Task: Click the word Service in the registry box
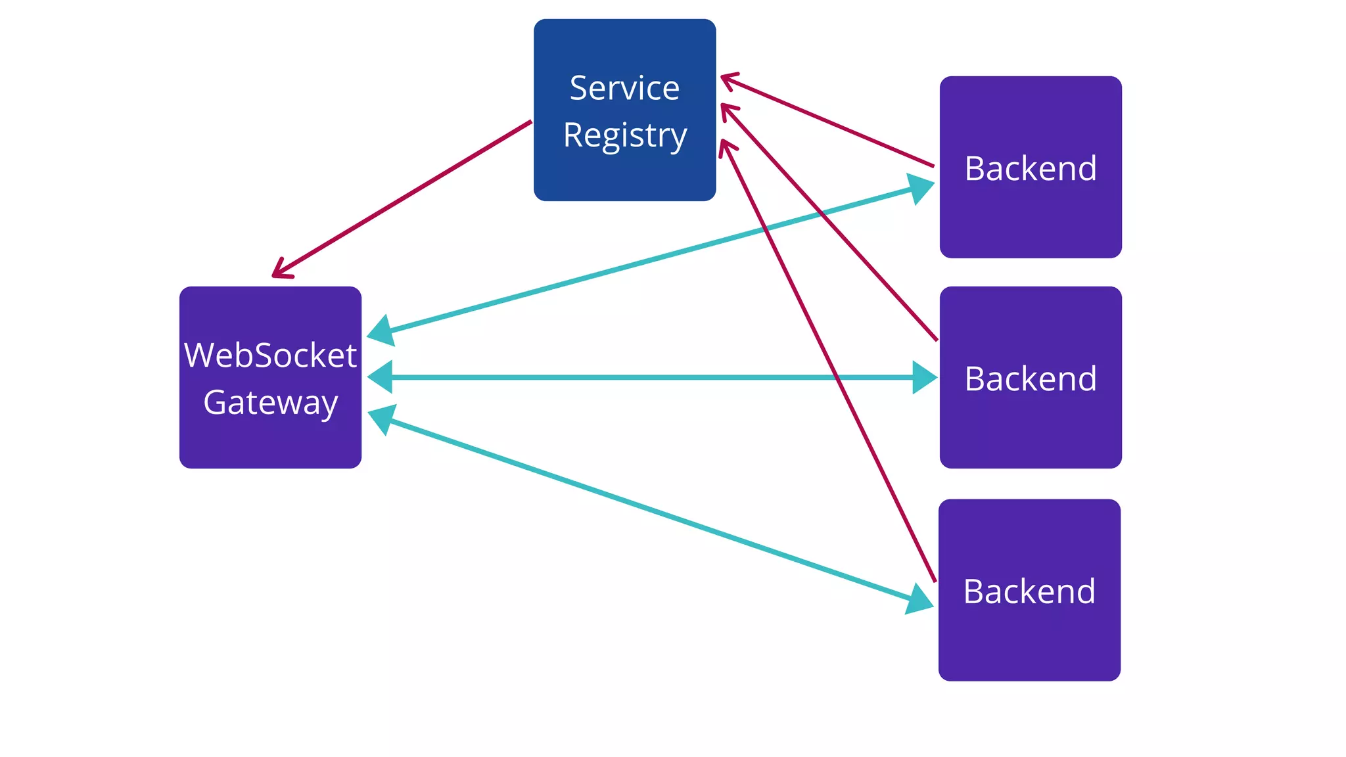pyautogui.click(x=624, y=88)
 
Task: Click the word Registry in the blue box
pyautogui.click(x=624, y=135)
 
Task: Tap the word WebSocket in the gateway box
pyautogui.click(x=270, y=356)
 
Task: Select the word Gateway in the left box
pyautogui.click(x=270, y=402)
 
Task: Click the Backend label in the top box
pyautogui.click(x=1030, y=168)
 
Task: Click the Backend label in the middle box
pyautogui.click(x=1030, y=378)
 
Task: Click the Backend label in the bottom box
pyautogui.click(x=1029, y=591)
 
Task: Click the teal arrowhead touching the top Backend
pyautogui.click(x=921, y=188)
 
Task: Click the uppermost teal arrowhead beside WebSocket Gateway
pyautogui.click(x=381, y=331)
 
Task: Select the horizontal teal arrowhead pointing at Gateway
pyautogui.click(x=381, y=377)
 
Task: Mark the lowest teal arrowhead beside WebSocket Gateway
pyautogui.click(x=381, y=419)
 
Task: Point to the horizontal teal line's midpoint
pyautogui.click(x=652, y=377)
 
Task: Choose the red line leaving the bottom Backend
pyautogui.click(x=854, y=414)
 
